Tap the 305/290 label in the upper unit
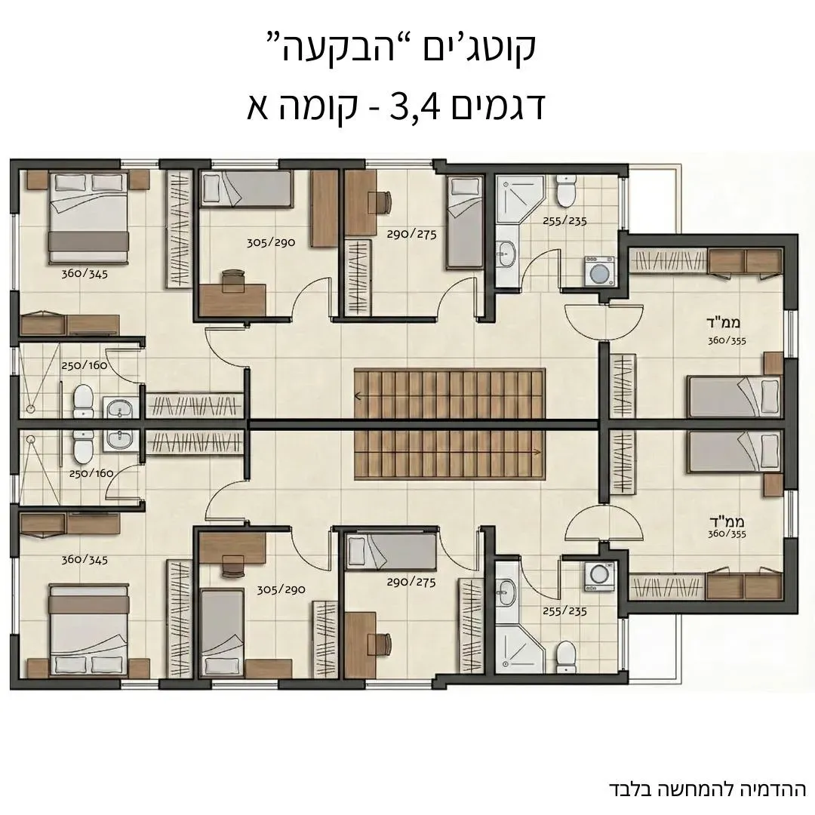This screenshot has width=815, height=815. [x=269, y=243]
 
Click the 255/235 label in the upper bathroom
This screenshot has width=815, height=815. [x=564, y=221]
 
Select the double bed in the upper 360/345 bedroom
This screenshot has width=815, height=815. [x=88, y=211]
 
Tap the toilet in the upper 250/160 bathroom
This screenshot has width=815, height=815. [x=82, y=399]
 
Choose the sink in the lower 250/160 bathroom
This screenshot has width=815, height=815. [x=118, y=439]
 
